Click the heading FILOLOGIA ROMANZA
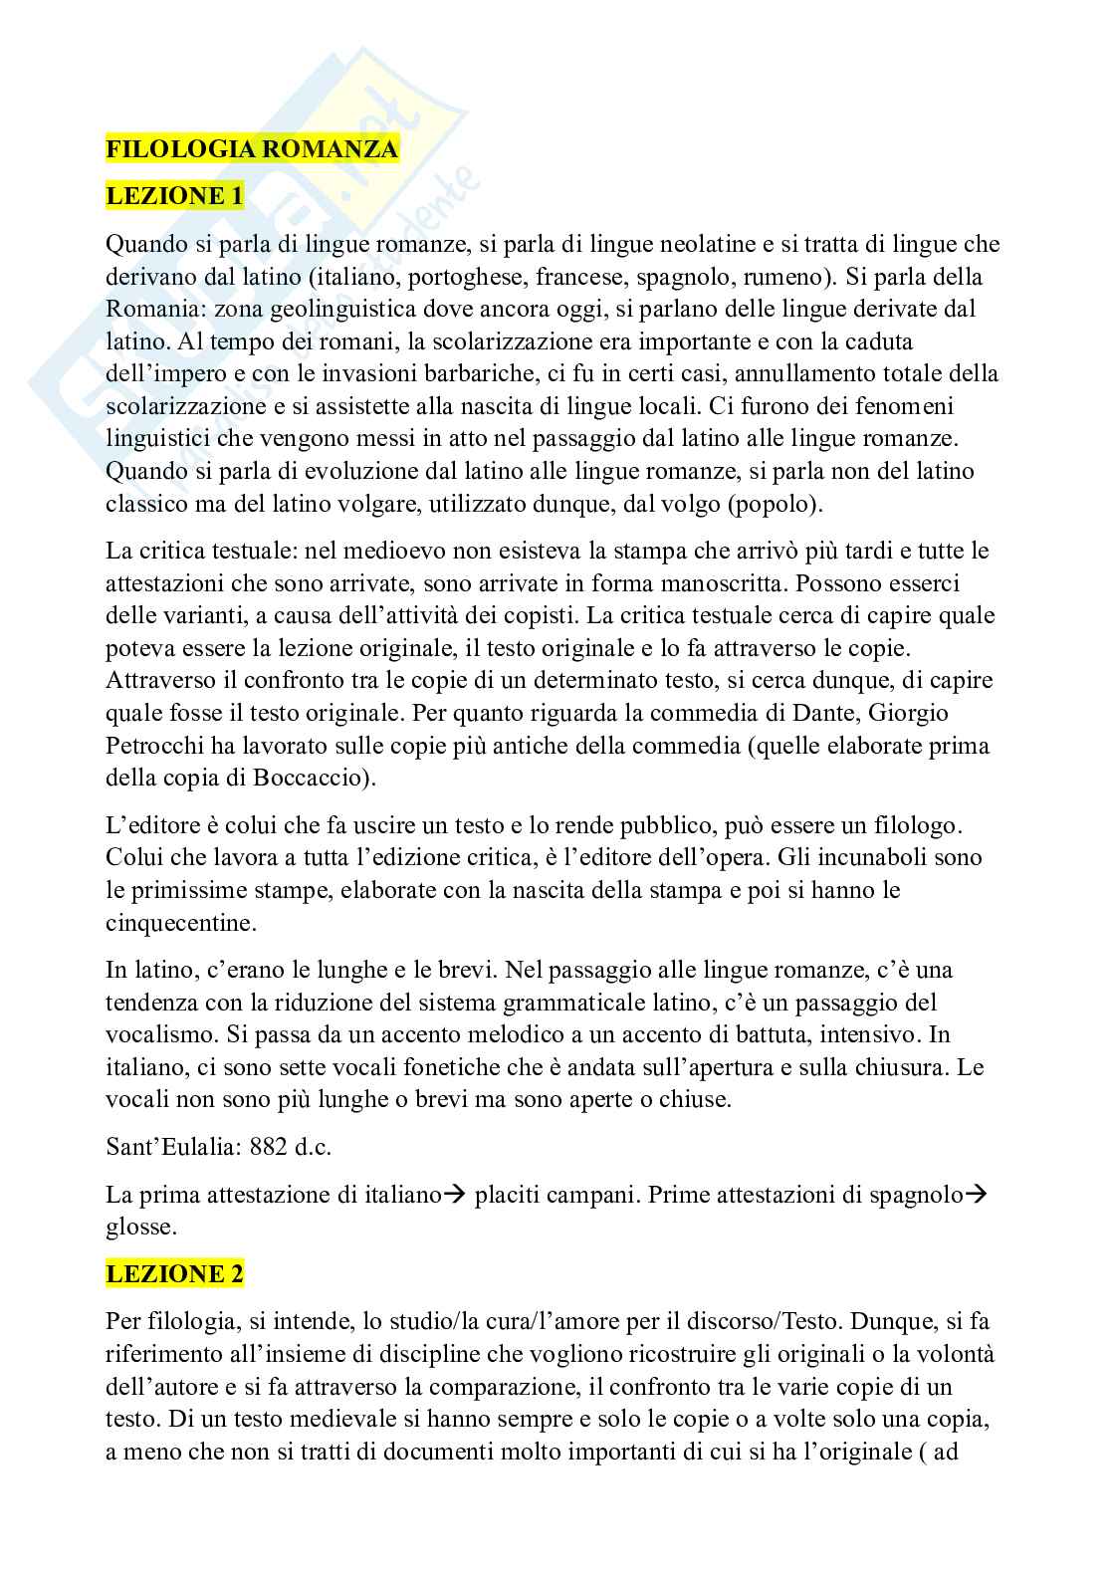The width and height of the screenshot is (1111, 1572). [252, 149]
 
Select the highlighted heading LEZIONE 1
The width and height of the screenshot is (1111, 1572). [174, 196]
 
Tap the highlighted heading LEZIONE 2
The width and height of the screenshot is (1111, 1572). [174, 1273]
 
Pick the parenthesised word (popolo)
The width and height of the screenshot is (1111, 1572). [775, 504]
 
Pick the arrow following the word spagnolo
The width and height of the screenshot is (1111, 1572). [977, 1196]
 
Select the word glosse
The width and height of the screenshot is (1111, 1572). [140, 1228]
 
